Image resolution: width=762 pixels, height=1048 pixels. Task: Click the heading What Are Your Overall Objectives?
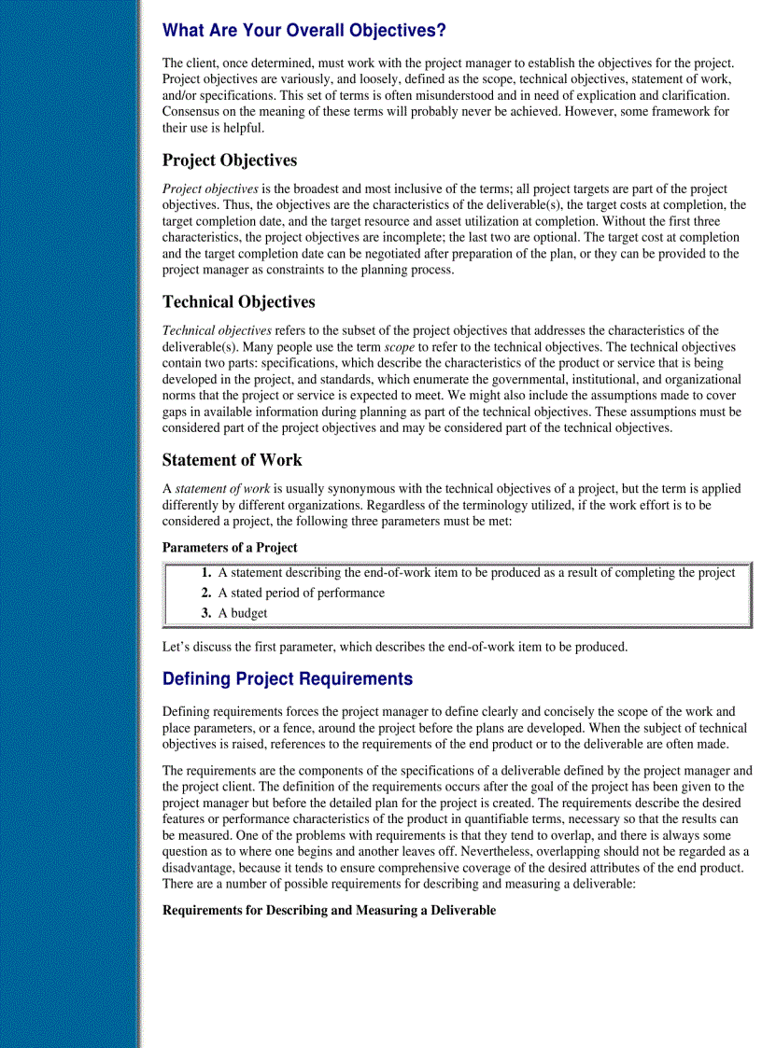point(303,31)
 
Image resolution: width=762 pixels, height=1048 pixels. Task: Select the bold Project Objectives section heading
point(230,161)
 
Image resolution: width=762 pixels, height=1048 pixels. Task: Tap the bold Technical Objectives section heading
point(238,301)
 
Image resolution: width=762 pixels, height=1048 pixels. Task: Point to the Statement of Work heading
point(232,459)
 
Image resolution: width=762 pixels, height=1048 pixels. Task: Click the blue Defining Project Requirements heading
point(287,678)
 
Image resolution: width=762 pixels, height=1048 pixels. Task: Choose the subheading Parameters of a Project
point(230,547)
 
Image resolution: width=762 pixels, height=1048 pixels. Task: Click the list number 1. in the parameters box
point(206,573)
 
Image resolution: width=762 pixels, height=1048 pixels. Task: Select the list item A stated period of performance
point(301,593)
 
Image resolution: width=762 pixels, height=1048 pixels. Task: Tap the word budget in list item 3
point(248,613)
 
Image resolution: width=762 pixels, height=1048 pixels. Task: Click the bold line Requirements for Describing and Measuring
point(329,910)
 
